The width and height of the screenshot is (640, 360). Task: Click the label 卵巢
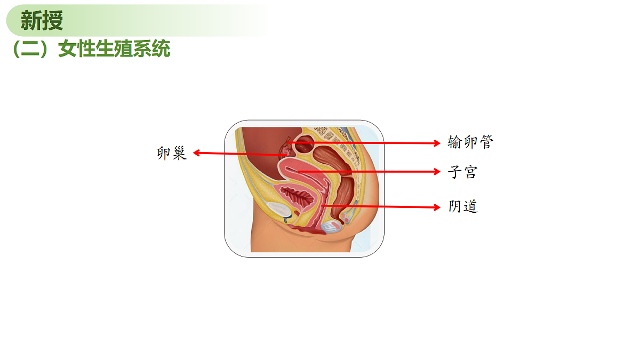172,153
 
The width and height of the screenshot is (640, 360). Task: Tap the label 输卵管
470,142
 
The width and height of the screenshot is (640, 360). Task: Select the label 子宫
462,172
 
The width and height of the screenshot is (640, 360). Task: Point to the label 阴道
463,206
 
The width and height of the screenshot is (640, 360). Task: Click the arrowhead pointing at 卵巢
196,153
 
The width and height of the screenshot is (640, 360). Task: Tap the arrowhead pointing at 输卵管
437,143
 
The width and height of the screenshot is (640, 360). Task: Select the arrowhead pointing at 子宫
437,171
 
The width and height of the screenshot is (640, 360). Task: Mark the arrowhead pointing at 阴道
437,207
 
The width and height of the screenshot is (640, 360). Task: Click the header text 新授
42,21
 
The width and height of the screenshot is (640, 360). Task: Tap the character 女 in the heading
67,49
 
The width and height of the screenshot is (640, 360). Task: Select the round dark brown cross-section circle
305,145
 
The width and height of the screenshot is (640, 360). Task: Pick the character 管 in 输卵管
486,142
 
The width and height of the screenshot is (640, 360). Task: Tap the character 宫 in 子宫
470,172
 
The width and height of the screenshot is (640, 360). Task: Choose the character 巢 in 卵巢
180,153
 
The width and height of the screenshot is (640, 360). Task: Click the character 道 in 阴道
471,206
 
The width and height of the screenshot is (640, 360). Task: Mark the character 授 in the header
53,21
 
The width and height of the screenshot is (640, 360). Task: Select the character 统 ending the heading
161,49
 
